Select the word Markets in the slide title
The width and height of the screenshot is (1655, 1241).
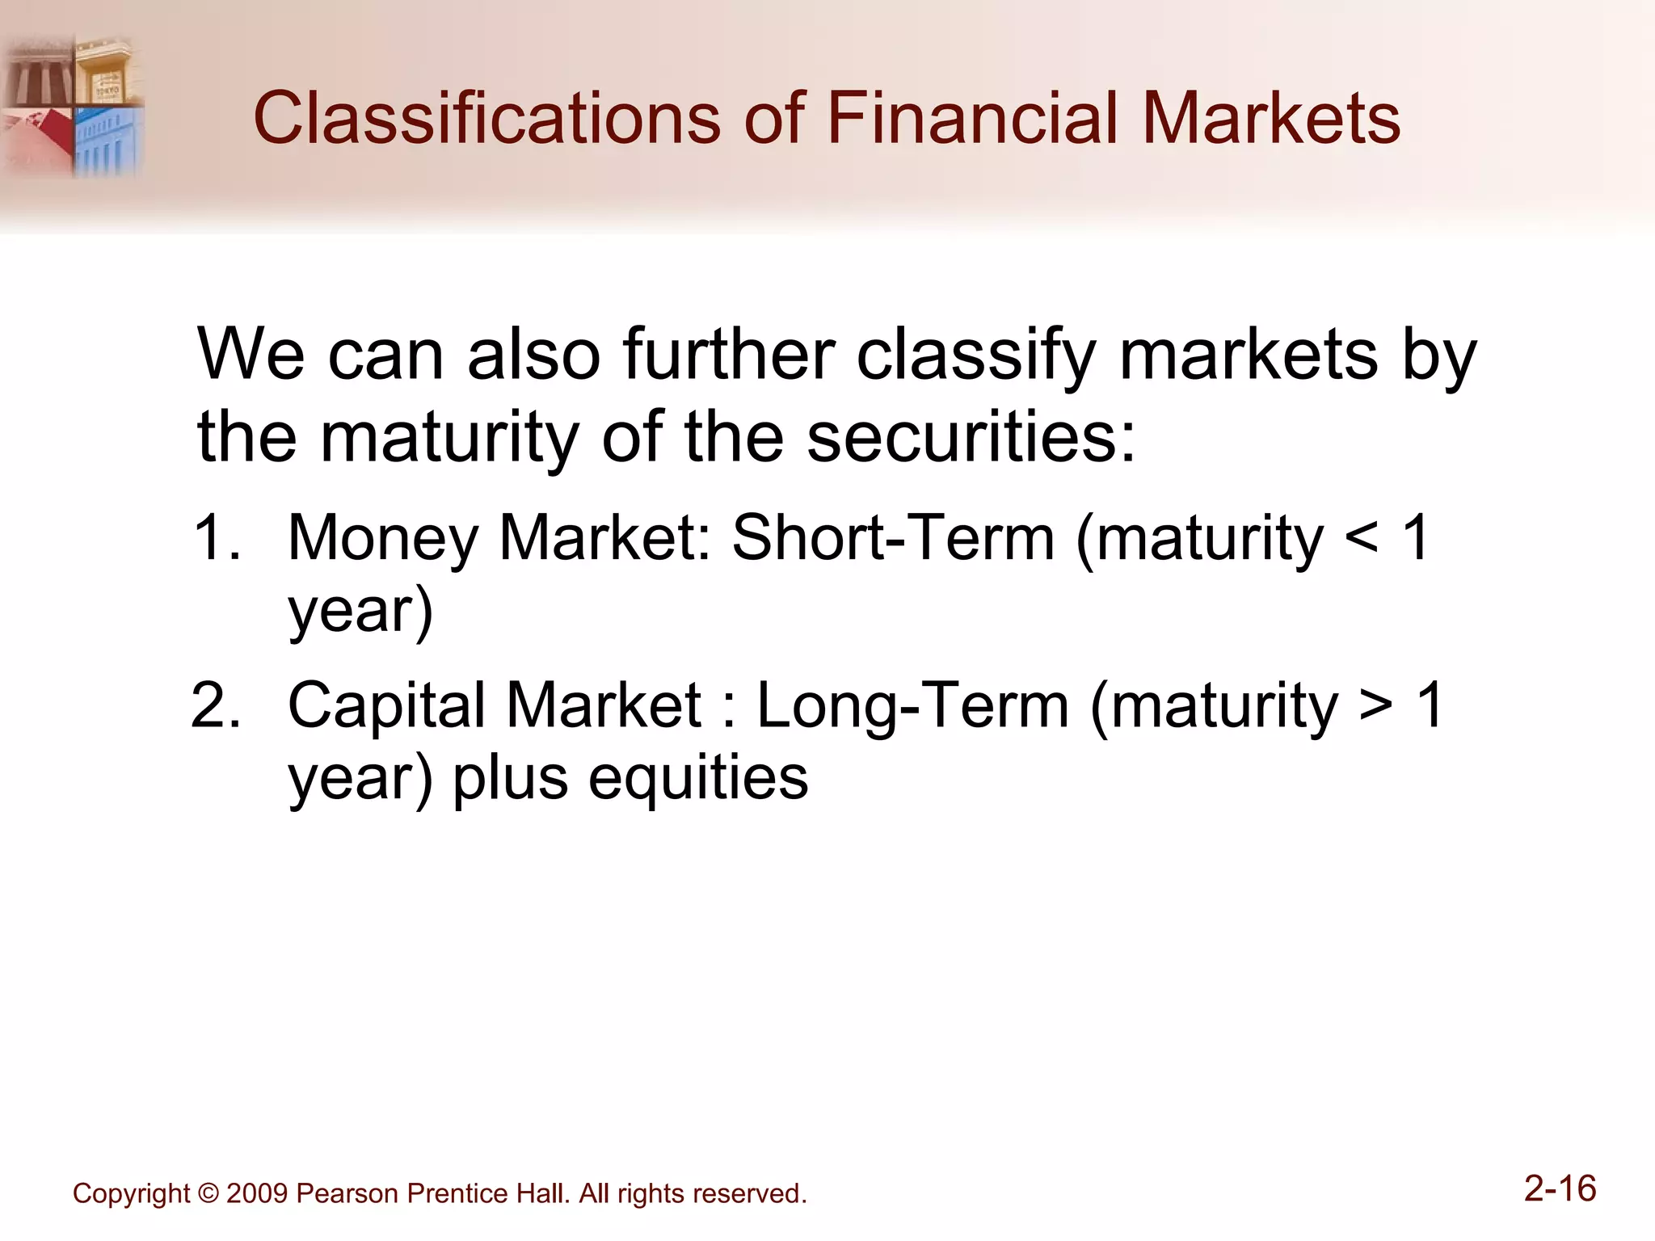1272,119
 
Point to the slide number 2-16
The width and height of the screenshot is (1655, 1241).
1560,1189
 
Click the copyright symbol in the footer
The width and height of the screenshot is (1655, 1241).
208,1194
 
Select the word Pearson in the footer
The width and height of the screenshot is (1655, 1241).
347,1194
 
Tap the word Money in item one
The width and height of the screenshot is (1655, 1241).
383,538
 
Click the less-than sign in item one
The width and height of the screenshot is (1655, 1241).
1361,540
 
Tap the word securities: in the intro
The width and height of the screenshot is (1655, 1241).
971,437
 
